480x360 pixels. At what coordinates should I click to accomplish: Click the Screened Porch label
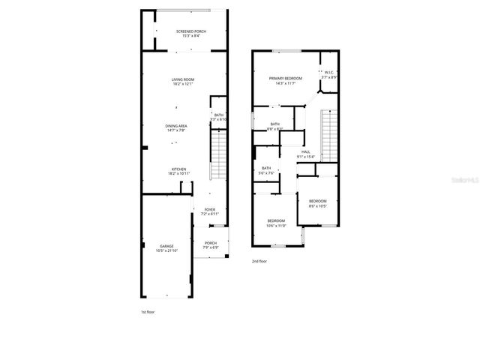pyautogui.click(x=190, y=31)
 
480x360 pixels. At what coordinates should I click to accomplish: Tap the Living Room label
pyautogui.click(x=183, y=79)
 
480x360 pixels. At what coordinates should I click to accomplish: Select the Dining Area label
pyautogui.click(x=177, y=126)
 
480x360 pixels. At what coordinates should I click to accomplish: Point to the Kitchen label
pyautogui.click(x=178, y=169)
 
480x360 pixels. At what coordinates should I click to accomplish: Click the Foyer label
pyautogui.click(x=209, y=210)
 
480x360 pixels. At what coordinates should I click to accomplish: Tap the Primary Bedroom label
pyautogui.click(x=286, y=79)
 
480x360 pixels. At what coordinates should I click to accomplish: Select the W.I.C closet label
pyautogui.click(x=328, y=73)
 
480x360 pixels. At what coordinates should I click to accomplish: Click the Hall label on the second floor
pyautogui.click(x=305, y=152)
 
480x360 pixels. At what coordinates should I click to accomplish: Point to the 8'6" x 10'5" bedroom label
pyautogui.click(x=317, y=201)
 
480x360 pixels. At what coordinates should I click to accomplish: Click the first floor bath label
pyautogui.click(x=218, y=115)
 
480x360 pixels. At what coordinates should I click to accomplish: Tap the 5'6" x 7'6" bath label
pyautogui.click(x=266, y=168)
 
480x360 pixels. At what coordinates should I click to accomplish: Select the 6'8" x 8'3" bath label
pyautogui.click(x=275, y=124)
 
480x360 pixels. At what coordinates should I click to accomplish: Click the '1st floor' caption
pyautogui.click(x=148, y=310)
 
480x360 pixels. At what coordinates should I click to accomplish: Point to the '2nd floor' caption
pyautogui.click(x=260, y=261)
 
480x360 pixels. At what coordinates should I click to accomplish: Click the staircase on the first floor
pyautogui.click(x=217, y=154)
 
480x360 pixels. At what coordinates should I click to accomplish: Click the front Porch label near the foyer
pyautogui.click(x=210, y=243)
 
